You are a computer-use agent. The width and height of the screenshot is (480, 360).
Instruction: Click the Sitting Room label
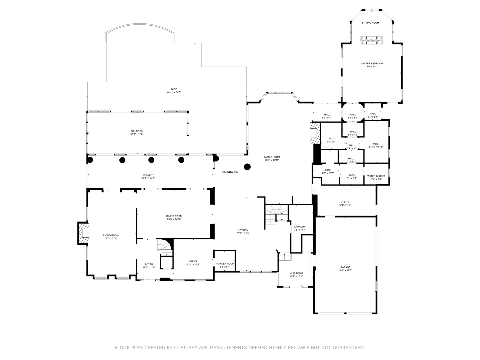[370, 23]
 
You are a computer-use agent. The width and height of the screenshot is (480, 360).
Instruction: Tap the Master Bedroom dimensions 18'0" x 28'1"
[371, 67]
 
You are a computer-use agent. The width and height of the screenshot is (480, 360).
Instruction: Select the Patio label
[174, 89]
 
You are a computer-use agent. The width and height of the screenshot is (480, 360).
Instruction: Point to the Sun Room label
[137, 131]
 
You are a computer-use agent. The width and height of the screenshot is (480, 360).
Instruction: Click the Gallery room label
[148, 175]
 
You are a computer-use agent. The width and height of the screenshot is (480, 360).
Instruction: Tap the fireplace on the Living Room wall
[84, 233]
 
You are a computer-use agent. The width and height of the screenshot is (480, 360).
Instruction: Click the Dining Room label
[174, 216]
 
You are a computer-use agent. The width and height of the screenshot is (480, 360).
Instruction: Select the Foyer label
[149, 264]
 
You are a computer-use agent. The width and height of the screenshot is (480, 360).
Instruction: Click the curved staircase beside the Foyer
[165, 247]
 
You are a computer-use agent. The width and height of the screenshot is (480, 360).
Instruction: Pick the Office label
[193, 261]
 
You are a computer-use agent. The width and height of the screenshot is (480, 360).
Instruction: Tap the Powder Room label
[225, 264]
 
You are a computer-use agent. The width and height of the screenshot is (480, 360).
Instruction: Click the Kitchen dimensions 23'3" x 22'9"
[243, 233]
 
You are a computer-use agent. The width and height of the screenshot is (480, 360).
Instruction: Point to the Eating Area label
[230, 172]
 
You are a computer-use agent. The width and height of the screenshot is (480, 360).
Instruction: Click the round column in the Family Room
[247, 167]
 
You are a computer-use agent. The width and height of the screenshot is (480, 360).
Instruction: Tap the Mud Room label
[296, 273]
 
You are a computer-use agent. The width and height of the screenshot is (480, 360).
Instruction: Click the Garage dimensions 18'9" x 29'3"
[345, 271]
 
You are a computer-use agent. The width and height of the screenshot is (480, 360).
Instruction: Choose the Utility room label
[345, 202]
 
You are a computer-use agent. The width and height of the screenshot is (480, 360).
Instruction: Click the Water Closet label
[376, 176]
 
